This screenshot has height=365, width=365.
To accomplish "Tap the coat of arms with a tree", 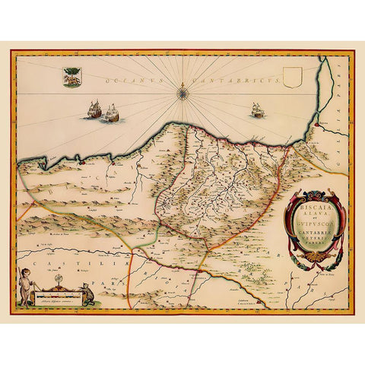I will (72, 77).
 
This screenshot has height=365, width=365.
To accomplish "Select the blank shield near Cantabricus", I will (292, 77).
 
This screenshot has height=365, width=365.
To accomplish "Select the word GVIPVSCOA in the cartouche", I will (313, 226).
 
